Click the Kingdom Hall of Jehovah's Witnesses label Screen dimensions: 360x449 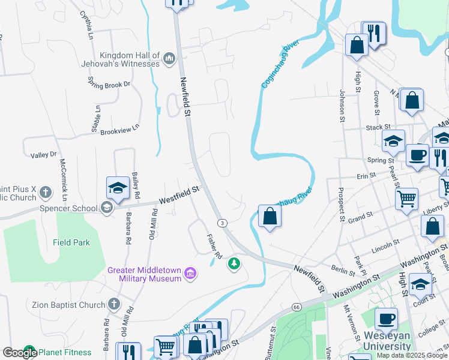[129, 59]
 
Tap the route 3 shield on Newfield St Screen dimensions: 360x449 [222, 223]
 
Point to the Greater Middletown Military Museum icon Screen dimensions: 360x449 [191, 274]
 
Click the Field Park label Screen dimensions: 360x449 [71, 242]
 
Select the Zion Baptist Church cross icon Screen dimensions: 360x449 [114, 305]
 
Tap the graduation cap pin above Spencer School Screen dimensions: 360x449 [118, 188]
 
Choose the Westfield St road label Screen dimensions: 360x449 [178, 195]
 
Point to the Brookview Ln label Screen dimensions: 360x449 [119, 129]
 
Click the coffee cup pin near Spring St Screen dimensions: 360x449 [417, 155]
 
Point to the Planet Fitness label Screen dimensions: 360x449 [63, 352]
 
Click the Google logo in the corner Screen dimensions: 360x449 [20, 353]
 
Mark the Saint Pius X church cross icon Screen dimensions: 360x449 [46, 193]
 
